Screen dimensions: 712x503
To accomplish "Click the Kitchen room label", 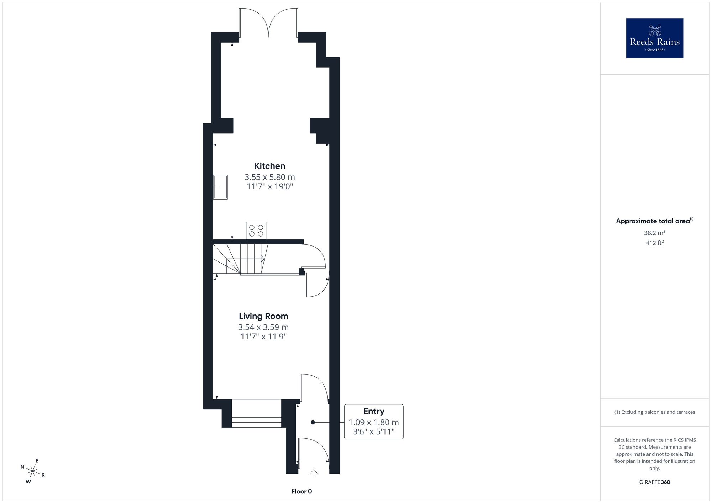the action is click(269, 166).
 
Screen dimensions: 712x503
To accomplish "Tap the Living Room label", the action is click(263, 316).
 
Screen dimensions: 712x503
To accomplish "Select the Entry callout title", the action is click(374, 411).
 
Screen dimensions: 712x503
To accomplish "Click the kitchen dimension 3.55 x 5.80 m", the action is click(269, 177).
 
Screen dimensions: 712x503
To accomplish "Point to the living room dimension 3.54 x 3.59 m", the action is click(263, 327).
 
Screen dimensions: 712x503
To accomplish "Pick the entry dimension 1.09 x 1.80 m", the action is click(374, 422).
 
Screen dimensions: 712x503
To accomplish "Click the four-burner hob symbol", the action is click(256, 231).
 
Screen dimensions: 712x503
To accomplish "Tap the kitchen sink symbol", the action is click(220, 187).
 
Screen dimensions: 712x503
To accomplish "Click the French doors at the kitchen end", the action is click(268, 22).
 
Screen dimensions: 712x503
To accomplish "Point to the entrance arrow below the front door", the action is click(314, 472).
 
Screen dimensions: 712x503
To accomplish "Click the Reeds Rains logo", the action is click(655, 38).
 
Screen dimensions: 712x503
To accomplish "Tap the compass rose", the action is click(33, 472).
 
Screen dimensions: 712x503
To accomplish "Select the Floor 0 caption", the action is click(302, 491).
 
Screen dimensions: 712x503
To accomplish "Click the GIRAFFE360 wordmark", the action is click(655, 482).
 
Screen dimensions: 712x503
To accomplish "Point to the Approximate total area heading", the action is click(655, 221).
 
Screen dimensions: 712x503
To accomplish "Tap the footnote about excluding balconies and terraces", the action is click(655, 412).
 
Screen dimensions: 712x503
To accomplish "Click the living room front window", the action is click(256, 413).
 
